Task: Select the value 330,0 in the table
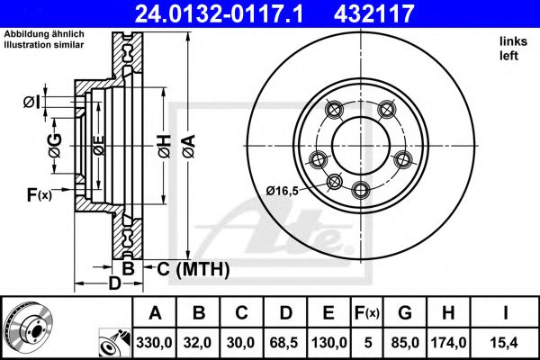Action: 155,342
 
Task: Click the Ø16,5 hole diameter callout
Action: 285,190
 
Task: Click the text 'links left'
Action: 512,48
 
